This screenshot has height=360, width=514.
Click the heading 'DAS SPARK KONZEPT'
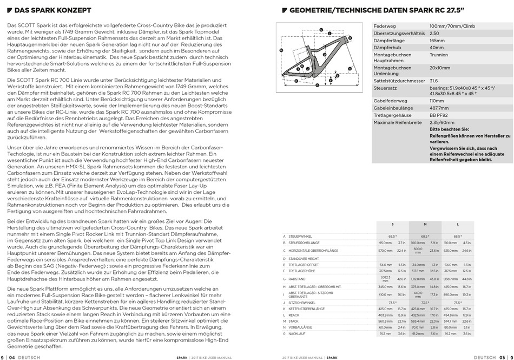[x=49, y=10]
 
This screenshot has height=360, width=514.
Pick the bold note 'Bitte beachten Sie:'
[x=449, y=130]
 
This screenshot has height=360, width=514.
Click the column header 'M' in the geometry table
[x=425, y=224]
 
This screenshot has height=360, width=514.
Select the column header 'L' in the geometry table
[x=458, y=224]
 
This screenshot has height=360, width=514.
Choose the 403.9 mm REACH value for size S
[x=385, y=315]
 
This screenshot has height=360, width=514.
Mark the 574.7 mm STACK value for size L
[x=451, y=321]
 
